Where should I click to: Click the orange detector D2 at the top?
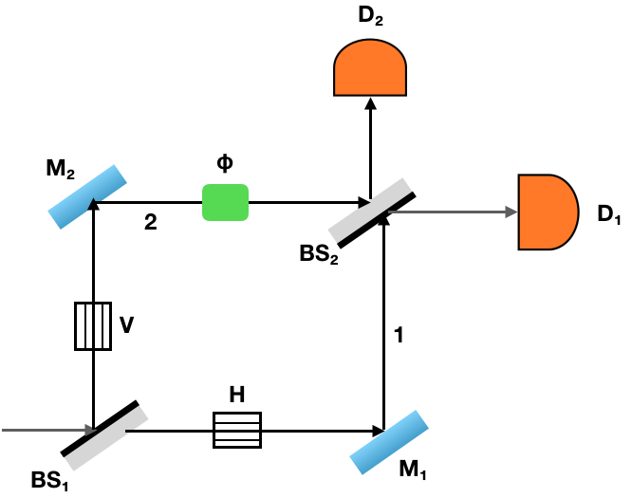point(370,72)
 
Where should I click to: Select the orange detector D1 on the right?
point(547,212)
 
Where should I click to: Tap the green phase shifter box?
point(225,202)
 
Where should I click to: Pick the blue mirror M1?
point(387,442)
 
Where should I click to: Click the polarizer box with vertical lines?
point(93,325)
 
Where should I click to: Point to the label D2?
point(371,17)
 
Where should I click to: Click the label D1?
point(608,215)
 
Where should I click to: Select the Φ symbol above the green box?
point(225,162)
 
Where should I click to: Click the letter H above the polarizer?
point(237,394)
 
